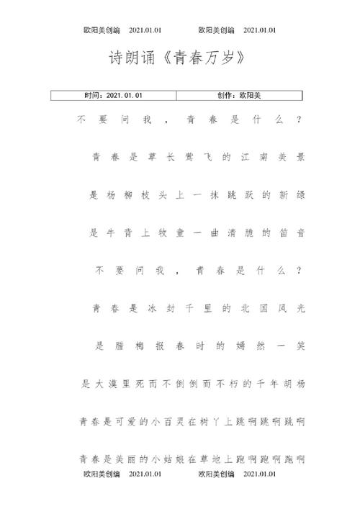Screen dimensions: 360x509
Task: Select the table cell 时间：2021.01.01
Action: coord(114,95)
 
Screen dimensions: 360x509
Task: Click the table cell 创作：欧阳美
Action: coord(240,95)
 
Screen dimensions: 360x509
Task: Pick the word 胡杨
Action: coord(296,385)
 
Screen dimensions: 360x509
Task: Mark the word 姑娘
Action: coord(176,459)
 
